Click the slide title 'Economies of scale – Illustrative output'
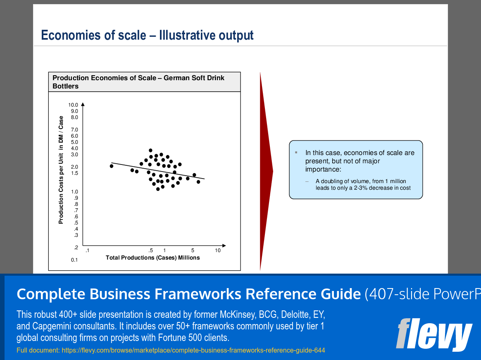pos(147,35)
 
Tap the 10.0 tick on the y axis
pos(73,105)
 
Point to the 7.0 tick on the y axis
pos(74,130)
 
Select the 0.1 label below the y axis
pos(74,260)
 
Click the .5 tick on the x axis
pos(150,250)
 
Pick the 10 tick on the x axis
pos(218,250)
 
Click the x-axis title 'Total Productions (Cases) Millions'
pos(153,258)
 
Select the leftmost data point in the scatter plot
pos(112,166)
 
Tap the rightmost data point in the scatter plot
pos(198,182)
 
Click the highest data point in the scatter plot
pos(150,150)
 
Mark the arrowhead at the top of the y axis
pos(83,104)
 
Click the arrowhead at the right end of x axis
pos(224,246)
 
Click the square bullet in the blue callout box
pos(296,152)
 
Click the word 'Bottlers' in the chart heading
pos(65,86)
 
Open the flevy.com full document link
pos(193,350)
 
